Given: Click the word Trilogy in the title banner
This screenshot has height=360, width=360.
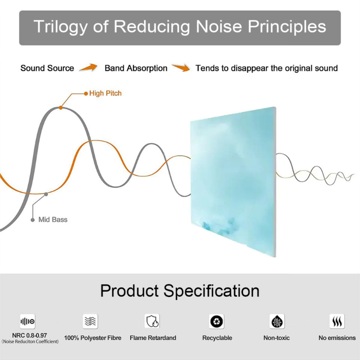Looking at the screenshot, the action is tap(60, 27).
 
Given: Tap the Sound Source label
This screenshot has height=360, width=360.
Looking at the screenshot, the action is tap(47, 68).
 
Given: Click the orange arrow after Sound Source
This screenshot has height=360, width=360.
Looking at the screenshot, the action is tap(88, 67).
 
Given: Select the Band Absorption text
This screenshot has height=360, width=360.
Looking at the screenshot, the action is tap(136, 68).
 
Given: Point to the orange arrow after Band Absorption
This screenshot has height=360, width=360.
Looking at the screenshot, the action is tap(181, 67).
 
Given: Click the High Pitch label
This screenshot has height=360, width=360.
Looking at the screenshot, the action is tap(105, 93).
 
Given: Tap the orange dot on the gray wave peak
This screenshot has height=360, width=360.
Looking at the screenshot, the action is tap(61, 108).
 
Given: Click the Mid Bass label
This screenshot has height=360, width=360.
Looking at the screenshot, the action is tap(53, 219).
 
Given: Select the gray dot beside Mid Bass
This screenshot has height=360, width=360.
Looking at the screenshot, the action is tap(33, 220).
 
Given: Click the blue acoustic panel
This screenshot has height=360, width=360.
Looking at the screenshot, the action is tap(233, 181).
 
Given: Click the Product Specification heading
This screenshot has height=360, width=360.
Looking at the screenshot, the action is tap(180, 291).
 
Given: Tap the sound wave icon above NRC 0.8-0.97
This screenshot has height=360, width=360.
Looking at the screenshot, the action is tap(27, 321).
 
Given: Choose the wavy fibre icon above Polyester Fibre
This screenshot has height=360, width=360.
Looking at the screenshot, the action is tap(90, 321).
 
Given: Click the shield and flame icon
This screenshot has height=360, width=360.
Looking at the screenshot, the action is tap(152, 321).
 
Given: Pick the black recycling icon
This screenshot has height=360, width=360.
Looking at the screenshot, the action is tap(216, 321).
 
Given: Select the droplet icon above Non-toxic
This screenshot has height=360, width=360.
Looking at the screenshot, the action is tap(277, 321).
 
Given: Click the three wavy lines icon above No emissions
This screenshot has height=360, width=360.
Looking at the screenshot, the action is tap(337, 321).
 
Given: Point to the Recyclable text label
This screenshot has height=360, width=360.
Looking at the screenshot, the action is tap(217, 338).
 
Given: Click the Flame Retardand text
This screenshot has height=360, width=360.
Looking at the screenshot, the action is tap(153, 338).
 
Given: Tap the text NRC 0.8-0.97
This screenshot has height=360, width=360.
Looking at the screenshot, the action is tap(30, 335).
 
